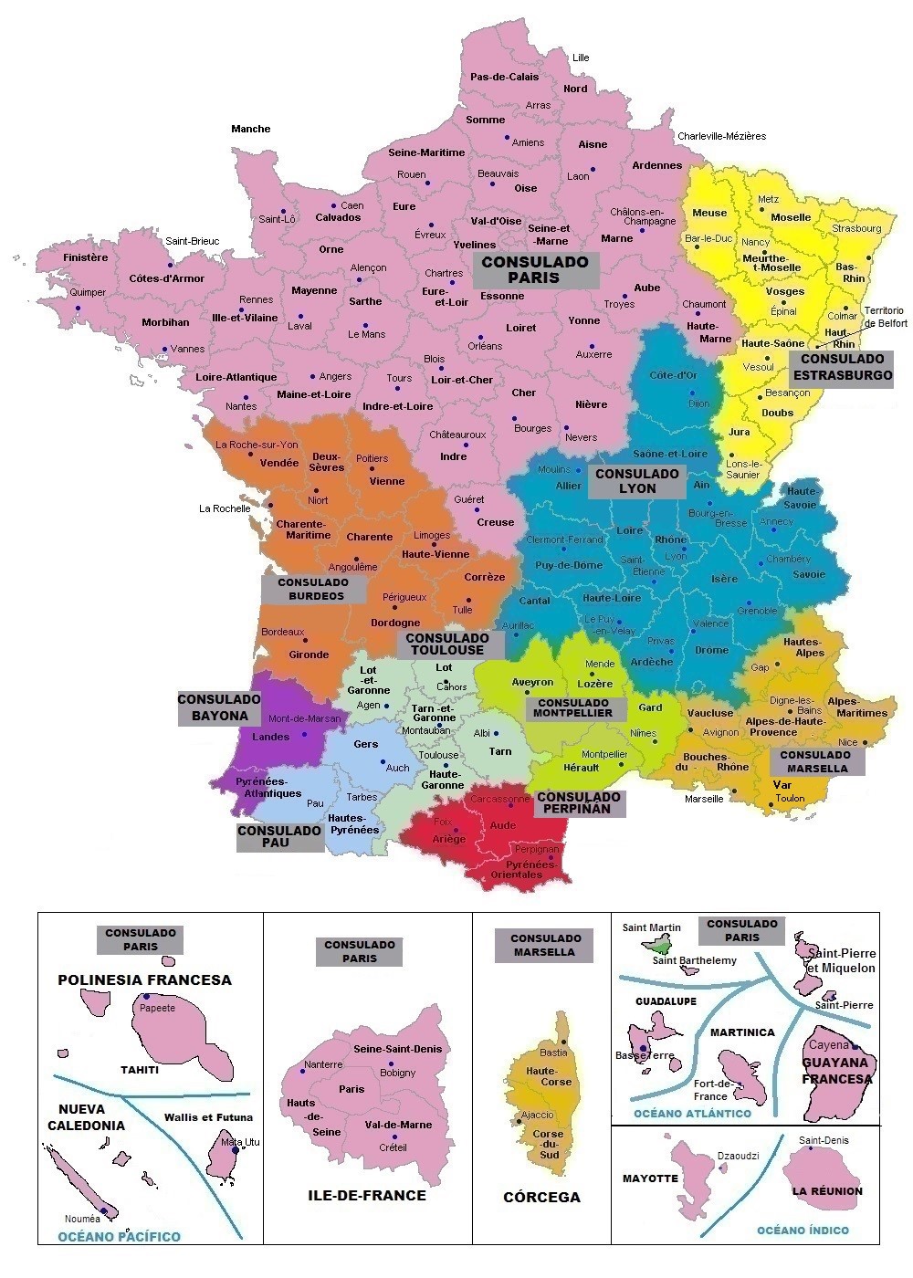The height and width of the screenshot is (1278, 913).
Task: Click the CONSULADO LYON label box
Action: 636,480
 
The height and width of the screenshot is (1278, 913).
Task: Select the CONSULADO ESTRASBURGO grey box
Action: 842,367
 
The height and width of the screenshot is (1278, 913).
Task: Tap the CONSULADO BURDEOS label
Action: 313,589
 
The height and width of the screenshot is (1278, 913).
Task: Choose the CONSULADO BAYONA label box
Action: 219,707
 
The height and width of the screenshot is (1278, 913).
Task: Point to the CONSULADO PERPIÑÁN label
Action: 579,802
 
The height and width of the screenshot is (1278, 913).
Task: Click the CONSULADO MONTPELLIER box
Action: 574,707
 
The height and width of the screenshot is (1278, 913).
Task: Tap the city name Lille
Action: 581,58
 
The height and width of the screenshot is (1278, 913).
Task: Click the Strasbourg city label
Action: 856,228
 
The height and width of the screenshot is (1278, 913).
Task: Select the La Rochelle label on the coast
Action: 225,508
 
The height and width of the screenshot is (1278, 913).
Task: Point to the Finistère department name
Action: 86,257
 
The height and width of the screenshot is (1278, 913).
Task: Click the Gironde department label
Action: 309,655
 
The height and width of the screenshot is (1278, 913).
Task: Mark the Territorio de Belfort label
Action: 886,317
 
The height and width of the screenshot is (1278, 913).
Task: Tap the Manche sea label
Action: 250,129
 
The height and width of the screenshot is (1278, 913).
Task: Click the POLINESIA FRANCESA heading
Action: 144,979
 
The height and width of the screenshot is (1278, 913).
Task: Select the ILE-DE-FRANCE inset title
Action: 366,1195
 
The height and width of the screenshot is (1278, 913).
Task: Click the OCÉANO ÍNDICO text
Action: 803,1230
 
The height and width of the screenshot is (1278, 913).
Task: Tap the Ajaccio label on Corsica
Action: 537,1115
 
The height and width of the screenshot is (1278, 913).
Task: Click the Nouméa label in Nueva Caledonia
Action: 82,1219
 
